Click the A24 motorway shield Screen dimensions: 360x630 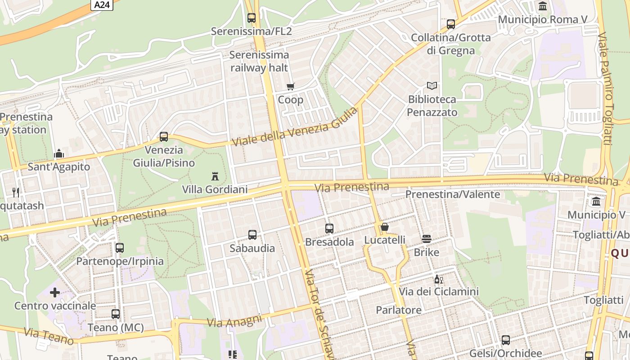(x=102, y=5)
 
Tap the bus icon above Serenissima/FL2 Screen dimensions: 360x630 (x=252, y=18)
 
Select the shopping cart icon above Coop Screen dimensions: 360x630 (x=291, y=86)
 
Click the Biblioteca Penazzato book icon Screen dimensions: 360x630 (x=432, y=85)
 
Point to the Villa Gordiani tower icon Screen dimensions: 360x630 (x=215, y=176)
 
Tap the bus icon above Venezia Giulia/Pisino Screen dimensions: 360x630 (x=164, y=137)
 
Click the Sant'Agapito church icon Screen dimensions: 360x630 (x=59, y=154)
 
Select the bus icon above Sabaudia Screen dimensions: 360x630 (x=252, y=235)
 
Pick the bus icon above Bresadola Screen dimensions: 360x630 (x=329, y=229)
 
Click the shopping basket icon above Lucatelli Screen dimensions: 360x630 (x=385, y=227)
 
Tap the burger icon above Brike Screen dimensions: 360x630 (x=427, y=239)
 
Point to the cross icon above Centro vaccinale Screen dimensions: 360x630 (x=55, y=293)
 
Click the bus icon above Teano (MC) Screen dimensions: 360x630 (x=116, y=314)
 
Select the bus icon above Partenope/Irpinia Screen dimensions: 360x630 (x=120, y=248)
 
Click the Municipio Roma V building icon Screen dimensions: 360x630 (x=543, y=6)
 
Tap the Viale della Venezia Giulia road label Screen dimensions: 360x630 (x=295, y=126)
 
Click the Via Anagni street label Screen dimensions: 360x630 (x=234, y=321)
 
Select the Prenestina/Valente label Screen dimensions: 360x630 (x=453, y=194)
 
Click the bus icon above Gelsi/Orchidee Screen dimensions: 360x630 (x=506, y=340)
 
